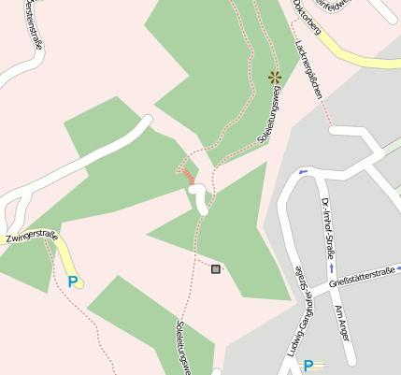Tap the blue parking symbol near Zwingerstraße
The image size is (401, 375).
[73, 281]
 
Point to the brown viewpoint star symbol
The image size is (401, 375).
[275, 77]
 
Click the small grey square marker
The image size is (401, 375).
[217, 269]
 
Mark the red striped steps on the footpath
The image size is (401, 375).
[187, 175]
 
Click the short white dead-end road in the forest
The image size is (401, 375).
[200, 198]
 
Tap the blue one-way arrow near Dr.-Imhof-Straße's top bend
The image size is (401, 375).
[303, 173]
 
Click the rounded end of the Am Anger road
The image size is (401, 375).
[350, 360]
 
